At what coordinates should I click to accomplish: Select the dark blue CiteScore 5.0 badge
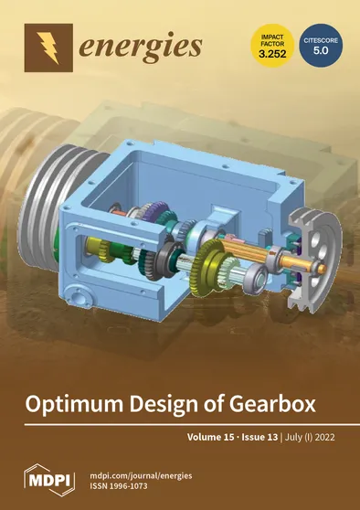pos(320,44)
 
